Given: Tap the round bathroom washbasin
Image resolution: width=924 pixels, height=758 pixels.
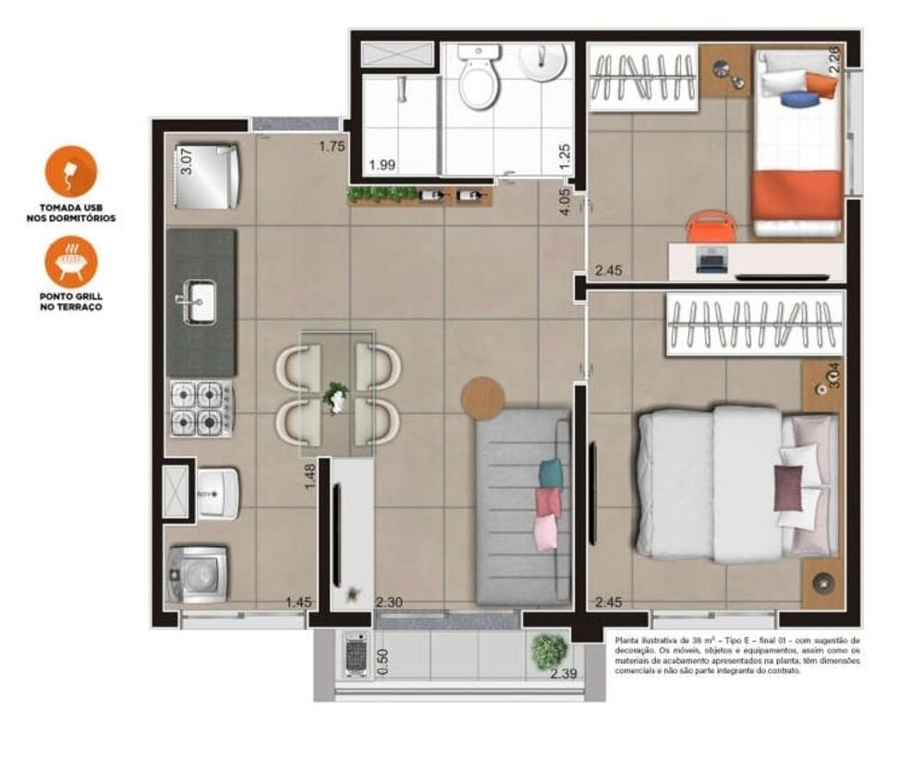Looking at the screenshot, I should (x=542, y=61).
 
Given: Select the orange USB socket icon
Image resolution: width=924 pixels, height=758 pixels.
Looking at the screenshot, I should (x=71, y=172).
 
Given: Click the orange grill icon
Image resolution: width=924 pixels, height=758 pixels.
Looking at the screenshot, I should (x=71, y=261).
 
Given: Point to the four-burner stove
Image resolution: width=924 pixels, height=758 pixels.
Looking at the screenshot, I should (x=201, y=408).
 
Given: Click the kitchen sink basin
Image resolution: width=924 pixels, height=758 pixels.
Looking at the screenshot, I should (x=199, y=302).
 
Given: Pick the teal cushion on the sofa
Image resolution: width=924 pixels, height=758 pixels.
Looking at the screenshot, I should (x=550, y=473).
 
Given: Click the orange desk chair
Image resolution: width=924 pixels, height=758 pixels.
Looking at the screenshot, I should (x=711, y=226).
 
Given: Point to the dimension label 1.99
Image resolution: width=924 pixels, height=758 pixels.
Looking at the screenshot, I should (x=382, y=165).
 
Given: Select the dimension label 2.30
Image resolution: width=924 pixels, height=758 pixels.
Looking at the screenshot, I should (x=388, y=603).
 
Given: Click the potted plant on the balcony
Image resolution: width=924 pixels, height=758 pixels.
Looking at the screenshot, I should (x=549, y=650).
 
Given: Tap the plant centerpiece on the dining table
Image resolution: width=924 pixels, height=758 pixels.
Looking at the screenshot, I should (x=336, y=398).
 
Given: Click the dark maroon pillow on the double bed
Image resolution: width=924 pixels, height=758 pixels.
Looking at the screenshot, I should (x=788, y=487).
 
